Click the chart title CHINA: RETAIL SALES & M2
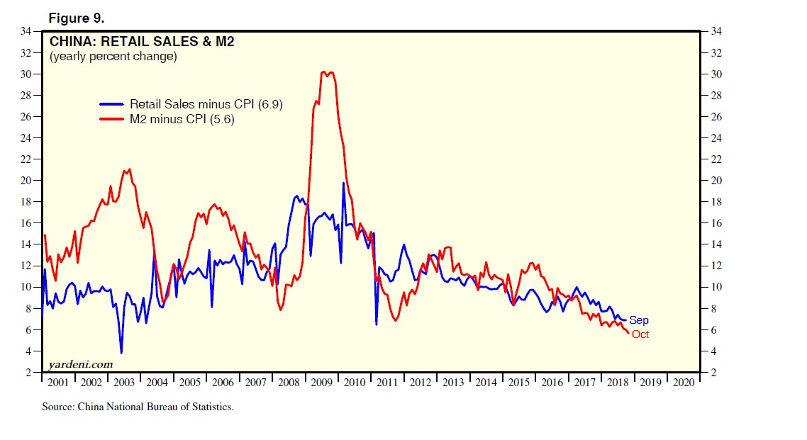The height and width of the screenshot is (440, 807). coord(141,41)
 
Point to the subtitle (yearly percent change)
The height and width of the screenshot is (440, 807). coord(113,56)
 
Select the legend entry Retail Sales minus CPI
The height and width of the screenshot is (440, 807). coord(206,104)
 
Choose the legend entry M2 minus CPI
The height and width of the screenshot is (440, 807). coord(182,120)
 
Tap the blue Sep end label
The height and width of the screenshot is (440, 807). coord(639,320)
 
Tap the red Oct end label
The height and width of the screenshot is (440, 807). coord(640,334)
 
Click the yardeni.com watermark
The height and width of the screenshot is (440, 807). coord(80,364)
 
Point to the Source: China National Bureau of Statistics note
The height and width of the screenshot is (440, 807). coord(138,407)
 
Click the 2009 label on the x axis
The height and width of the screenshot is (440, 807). coord(322,382)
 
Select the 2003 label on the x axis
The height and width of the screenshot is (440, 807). coord(124,382)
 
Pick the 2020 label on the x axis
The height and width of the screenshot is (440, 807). coord(684,382)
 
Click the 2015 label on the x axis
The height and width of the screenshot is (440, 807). coord(519,382)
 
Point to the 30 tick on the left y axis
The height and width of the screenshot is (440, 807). coord(28,74)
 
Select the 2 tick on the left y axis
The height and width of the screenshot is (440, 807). coord(30,373)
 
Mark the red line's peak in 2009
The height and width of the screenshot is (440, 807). coord(324,72)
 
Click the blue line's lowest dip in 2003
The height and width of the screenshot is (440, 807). coord(121,353)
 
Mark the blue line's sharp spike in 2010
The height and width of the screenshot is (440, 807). coord(343,183)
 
